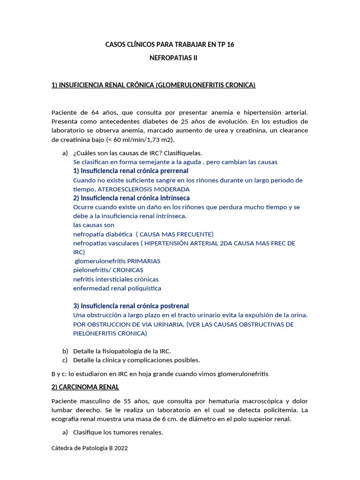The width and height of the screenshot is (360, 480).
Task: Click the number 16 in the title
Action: [229, 45]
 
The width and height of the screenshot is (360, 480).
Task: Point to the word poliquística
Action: [143, 288]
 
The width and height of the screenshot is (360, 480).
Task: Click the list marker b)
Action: [65, 351]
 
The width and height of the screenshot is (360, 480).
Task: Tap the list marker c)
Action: [65, 360]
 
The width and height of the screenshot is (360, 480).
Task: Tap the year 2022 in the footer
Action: [120, 448]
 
